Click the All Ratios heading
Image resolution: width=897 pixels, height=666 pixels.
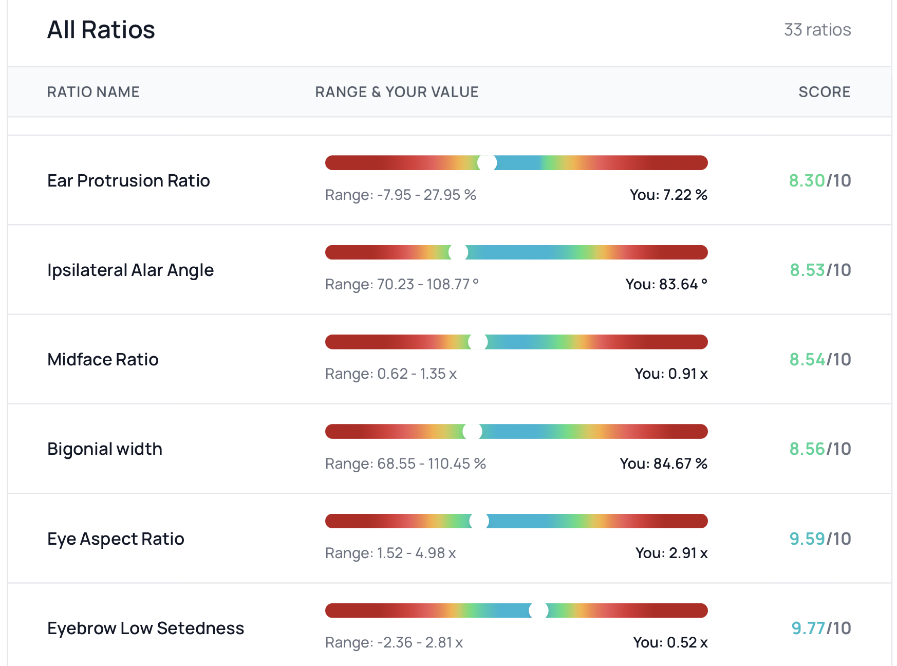tap(101, 30)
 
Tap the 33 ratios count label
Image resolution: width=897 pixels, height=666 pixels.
tap(817, 30)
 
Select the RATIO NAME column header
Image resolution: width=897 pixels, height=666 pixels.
tap(94, 92)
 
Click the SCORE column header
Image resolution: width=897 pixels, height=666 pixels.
tap(824, 92)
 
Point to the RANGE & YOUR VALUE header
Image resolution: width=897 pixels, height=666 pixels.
tap(397, 92)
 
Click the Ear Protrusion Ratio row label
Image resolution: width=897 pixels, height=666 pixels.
tap(128, 181)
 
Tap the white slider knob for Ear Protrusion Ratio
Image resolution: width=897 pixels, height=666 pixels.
tap(487, 163)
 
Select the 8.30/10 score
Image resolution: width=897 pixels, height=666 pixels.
tap(820, 181)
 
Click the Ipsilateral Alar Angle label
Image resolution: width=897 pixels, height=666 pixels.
tap(130, 270)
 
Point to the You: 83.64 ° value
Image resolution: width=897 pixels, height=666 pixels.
tap(666, 284)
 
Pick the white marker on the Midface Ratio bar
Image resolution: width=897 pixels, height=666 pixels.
tap(478, 342)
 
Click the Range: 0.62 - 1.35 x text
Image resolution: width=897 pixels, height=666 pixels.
tap(391, 374)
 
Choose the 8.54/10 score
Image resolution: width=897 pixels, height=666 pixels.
tap(820, 360)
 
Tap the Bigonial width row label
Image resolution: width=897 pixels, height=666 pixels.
tap(105, 449)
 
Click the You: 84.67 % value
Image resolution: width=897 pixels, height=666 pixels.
tap(663, 464)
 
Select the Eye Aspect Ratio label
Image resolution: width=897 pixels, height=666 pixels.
tap(116, 539)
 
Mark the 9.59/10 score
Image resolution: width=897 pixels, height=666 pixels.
tap(820, 539)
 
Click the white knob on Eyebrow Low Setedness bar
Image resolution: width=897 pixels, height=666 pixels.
tap(538, 610)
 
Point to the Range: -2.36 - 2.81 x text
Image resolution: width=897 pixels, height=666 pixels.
tap(394, 642)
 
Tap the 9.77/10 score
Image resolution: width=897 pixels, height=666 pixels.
tap(821, 628)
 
